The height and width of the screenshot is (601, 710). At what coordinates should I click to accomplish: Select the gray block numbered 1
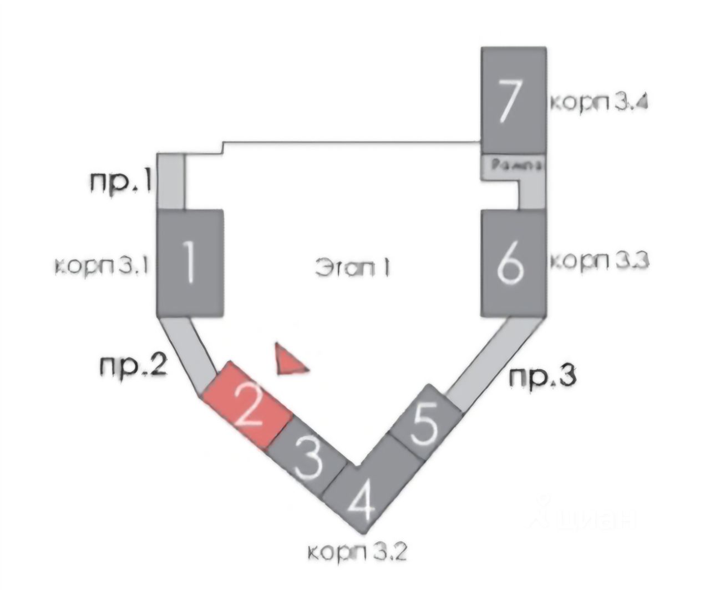[x=190, y=263]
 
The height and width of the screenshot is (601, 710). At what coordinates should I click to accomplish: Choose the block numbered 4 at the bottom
[x=362, y=497]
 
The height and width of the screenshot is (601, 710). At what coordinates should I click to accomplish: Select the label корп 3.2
[x=358, y=552]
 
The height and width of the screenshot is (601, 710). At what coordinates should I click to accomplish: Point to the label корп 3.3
[x=599, y=260]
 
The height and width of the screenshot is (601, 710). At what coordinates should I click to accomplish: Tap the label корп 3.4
[x=599, y=103]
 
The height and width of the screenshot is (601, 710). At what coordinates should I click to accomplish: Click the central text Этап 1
[x=353, y=267]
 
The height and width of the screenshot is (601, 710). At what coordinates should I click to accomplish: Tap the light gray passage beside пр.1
[x=171, y=182]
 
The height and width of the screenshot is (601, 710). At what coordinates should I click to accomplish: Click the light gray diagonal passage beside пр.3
[x=488, y=361]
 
